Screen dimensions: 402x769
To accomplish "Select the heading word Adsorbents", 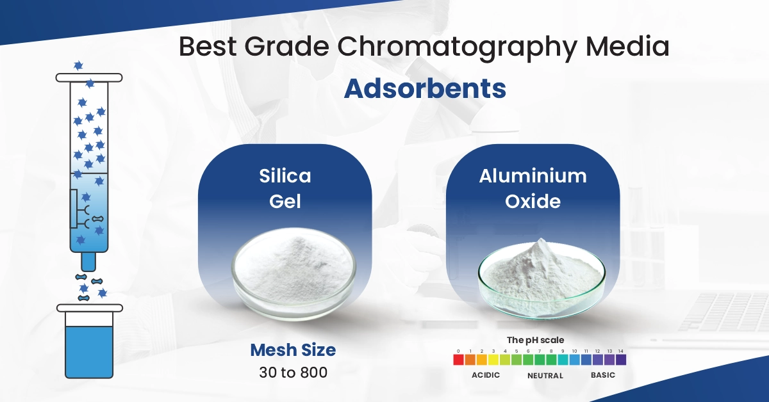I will click(x=424, y=89).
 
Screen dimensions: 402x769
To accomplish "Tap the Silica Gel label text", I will click(x=285, y=188).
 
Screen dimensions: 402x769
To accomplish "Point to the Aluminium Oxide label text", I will click(x=533, y=188).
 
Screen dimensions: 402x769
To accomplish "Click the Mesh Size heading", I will click(x=293, y=350).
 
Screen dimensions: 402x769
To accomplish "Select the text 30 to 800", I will click(x=293, y=372).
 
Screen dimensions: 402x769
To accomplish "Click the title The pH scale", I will click(x=535, y=341).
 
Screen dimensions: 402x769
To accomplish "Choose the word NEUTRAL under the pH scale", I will click(x=545, y=375).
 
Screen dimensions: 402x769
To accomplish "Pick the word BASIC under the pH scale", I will click(x=602, y=375).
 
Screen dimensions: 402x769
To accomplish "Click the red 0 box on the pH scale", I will click(x=458, y=360).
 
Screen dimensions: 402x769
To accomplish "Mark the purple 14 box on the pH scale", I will click(x=620, y=360).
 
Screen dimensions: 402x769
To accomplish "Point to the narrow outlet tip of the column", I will click(x=88, y=261).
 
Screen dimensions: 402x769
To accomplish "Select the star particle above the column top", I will click(x=78, y=65).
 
